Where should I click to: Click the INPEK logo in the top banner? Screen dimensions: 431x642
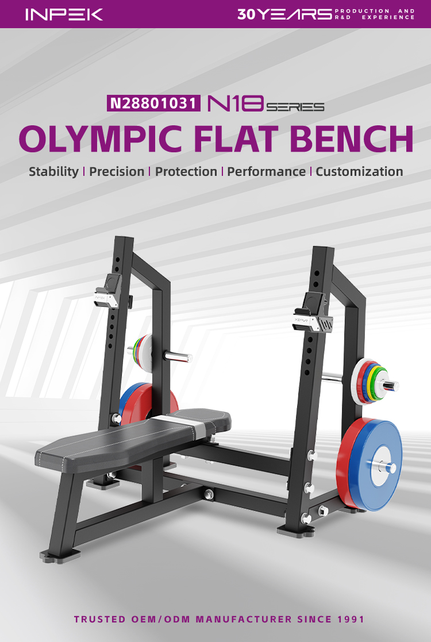64,14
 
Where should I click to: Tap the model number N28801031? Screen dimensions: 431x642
153,103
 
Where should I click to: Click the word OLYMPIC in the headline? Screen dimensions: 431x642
101,139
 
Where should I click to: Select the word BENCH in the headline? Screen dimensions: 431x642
352,139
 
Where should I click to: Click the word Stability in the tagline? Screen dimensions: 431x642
53,171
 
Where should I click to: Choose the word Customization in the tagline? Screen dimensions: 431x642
359,171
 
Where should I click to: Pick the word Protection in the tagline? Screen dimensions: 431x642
186,171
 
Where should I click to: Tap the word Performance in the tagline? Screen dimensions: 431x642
267,171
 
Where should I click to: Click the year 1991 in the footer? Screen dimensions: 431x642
351,619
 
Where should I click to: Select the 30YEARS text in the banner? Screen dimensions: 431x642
284,14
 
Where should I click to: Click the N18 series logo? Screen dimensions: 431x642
266,103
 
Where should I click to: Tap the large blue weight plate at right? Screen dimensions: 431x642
375,465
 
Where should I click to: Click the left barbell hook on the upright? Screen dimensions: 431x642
108,291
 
